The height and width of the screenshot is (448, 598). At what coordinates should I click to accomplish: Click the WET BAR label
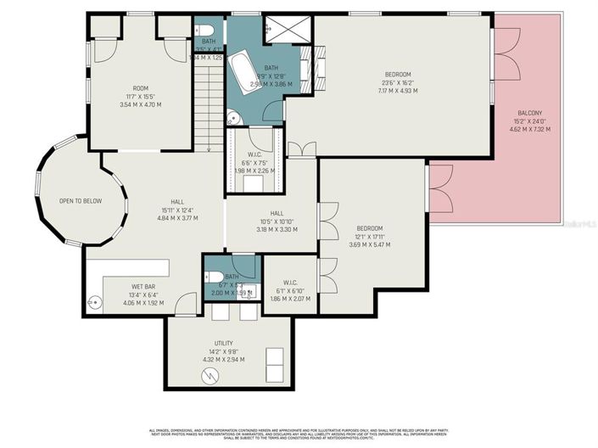click(x=142, y=286)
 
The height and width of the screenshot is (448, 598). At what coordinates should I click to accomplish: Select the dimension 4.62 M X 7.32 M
click(x=529, y=130)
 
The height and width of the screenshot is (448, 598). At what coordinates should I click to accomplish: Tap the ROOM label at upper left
click(x=140, y=89)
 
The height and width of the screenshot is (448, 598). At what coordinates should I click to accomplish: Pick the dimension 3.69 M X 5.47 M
click(x=370, y=245)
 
